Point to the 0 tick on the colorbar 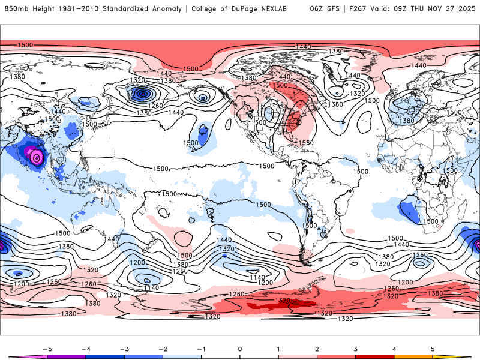coord(239,349)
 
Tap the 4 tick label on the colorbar coord(394,349)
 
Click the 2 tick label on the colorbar coord(317,349)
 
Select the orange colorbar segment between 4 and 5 coord(413,357)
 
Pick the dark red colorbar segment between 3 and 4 coord(374,357)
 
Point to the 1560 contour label coord(306,142)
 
